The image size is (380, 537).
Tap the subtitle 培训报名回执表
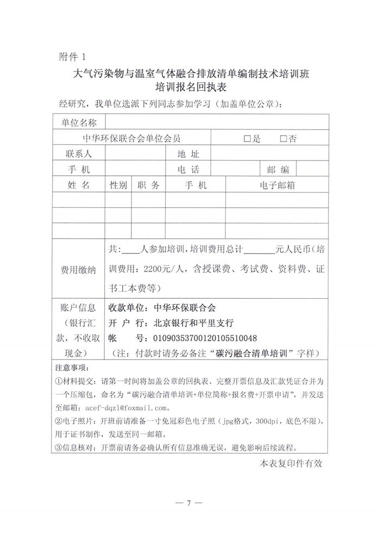[189, 86]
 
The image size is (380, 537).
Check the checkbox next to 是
[248, 139]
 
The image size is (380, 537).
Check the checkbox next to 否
[283, 139]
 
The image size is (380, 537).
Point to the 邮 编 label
[277, 169]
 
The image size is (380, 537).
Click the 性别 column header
[118, 185]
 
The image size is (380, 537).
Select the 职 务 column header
[149, 185]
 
